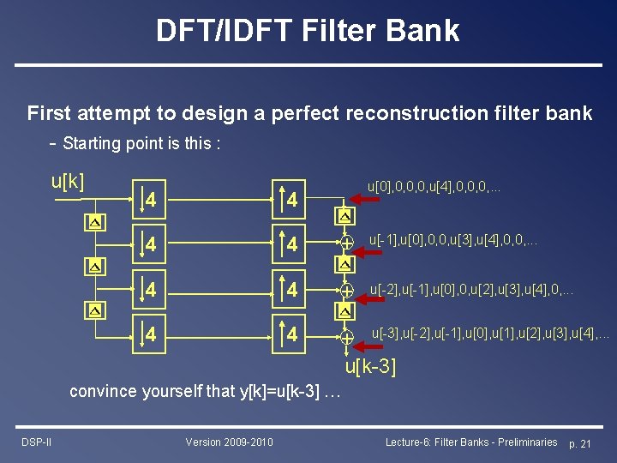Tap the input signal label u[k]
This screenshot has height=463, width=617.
click(68, 182)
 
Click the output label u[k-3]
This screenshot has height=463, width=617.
click(370, 368)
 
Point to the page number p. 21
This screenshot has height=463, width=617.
click(585, 442)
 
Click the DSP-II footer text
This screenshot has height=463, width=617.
click(36, 442)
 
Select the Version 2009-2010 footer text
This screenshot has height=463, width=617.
click(229, 442)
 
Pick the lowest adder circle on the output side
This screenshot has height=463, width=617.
click(346, 337)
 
